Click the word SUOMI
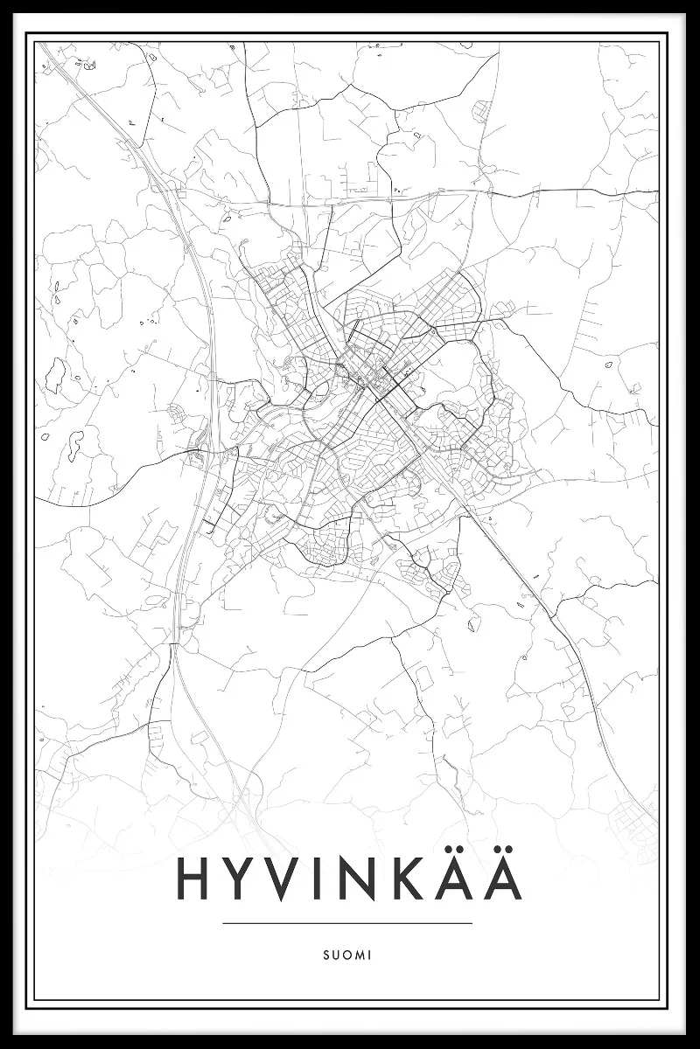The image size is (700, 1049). [347, 955]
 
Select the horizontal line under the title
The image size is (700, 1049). [347, 923]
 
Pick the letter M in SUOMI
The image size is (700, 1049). [359, 955]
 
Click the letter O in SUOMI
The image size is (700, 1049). [346, 955]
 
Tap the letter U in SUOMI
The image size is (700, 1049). [336, 955]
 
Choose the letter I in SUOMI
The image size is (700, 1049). [369, 955]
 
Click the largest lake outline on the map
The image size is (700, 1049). [55, 374]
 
